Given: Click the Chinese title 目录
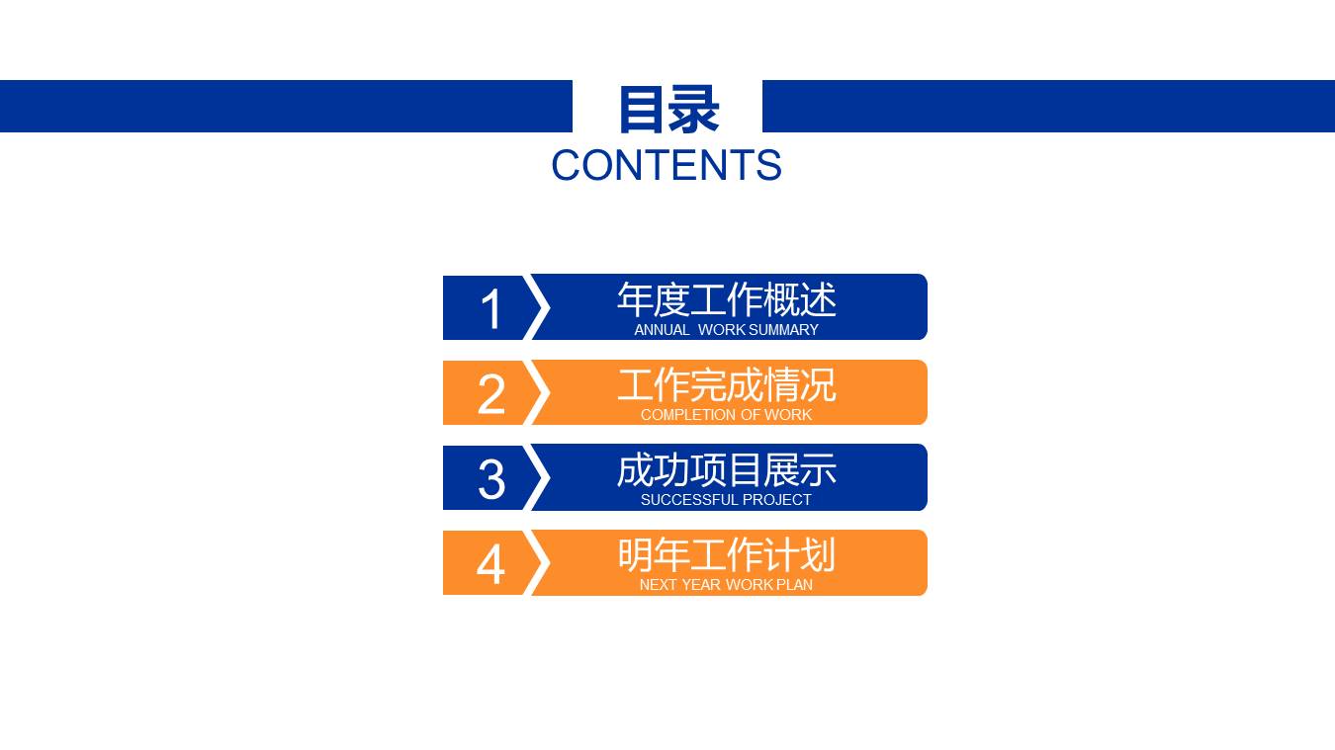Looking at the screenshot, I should pos(667,109).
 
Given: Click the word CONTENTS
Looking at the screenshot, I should pos(667,166).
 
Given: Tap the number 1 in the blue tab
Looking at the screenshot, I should pos(491,309).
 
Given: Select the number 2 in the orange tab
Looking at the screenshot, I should pos(491,394).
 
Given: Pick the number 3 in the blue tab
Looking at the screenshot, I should pos(491,479).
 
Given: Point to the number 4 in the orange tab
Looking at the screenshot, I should pos(490,564).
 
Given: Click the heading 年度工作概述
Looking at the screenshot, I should pos(727,299).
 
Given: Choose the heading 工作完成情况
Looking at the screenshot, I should pos(727,384).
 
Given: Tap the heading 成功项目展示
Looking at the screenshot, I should pos(727,469).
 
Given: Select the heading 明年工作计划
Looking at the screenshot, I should pos(727,554).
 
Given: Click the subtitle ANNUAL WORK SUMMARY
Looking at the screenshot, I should pos(727,330).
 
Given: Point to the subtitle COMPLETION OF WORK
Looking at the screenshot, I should pos(727,415).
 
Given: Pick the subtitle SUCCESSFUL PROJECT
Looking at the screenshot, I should pos(727,500).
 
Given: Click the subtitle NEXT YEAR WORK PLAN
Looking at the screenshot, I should pos(727,585).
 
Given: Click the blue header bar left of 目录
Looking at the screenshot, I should pos(286,106).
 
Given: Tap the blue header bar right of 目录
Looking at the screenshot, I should pos(1048,106).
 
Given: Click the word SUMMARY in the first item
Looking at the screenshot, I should pos(784,330).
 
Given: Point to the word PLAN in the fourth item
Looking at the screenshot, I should pos(794,585).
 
